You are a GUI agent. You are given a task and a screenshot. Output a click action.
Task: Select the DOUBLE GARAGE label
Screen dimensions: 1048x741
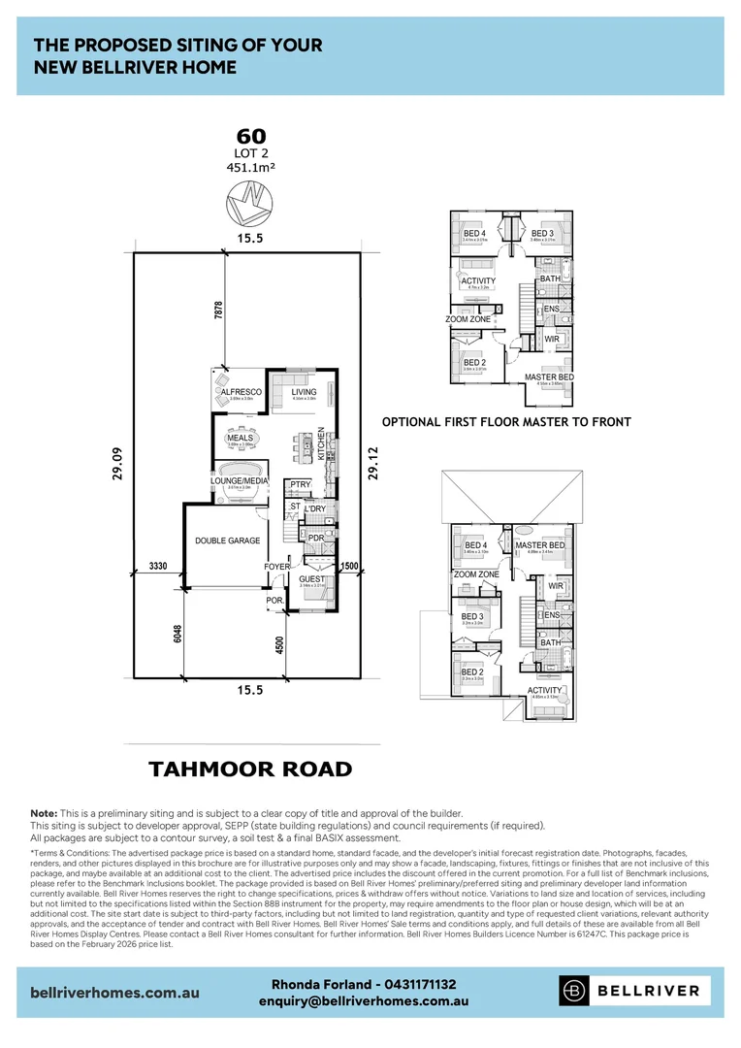(227, 540)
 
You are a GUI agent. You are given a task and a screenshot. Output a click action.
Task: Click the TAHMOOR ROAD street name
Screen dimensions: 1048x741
(250, 770)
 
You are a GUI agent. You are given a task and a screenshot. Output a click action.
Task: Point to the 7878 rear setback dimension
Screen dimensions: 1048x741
(218, 310)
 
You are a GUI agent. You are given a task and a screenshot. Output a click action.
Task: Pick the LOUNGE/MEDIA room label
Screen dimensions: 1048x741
(239, 480)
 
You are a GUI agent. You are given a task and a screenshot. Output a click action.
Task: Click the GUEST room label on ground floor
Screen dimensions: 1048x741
(312, 578)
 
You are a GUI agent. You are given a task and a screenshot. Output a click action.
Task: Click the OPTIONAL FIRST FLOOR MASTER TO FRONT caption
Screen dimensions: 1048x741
(506, 422)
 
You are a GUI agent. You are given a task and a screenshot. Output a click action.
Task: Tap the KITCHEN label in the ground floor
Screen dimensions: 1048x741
(321, 443)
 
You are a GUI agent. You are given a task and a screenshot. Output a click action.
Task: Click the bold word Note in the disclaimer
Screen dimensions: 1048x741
(45, 812)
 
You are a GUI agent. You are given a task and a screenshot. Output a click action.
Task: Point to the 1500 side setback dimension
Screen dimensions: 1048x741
(350, 565)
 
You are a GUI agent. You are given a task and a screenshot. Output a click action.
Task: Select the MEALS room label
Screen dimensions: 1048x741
(241, 438)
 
